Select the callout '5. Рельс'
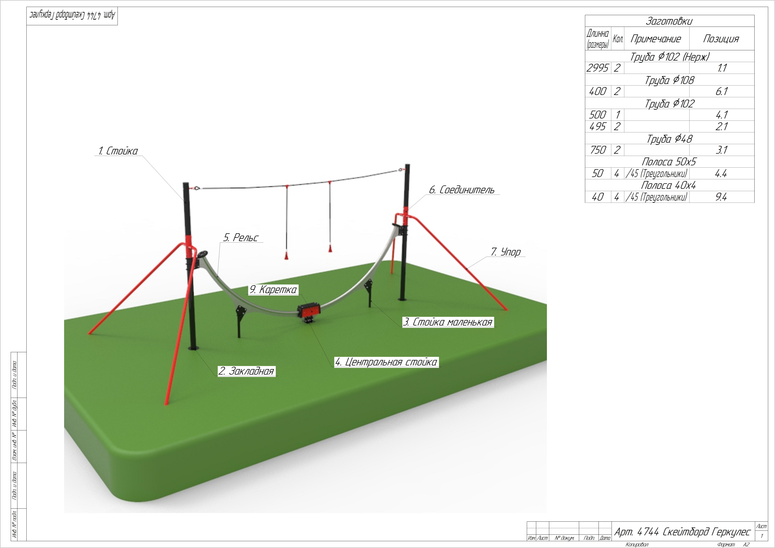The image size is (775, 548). (241, 238)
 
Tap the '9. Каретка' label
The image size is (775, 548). (273, 290)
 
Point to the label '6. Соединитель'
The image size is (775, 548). (461, 190)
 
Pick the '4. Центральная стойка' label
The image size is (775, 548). (386, 362)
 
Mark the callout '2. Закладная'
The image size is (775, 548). (246, 371)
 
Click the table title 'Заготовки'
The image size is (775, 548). (669, 21)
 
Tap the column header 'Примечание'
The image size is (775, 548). (656, 39)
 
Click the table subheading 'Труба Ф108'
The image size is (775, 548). (669, 80)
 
